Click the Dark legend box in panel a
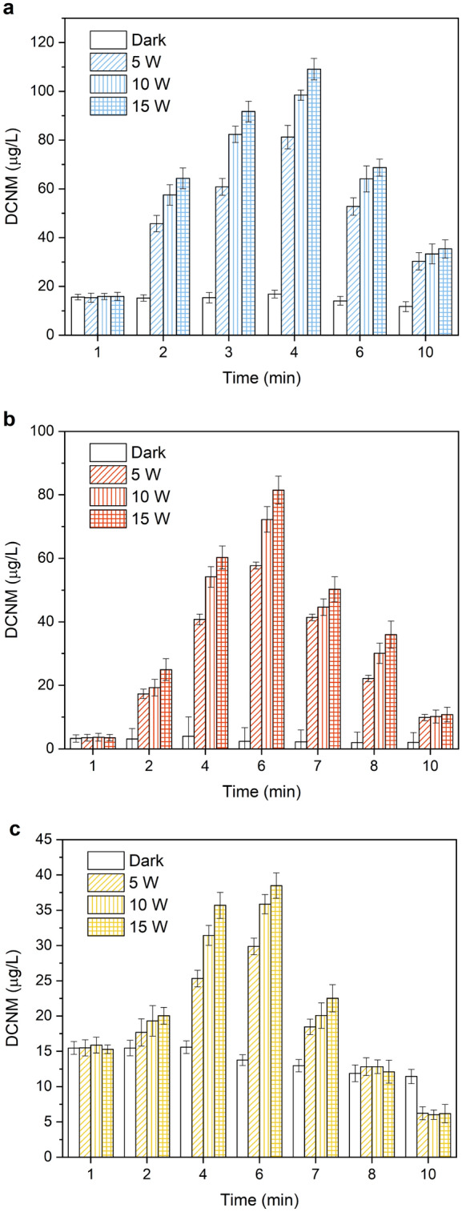[x=104, y=38]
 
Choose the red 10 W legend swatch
[x=104, y=492]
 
